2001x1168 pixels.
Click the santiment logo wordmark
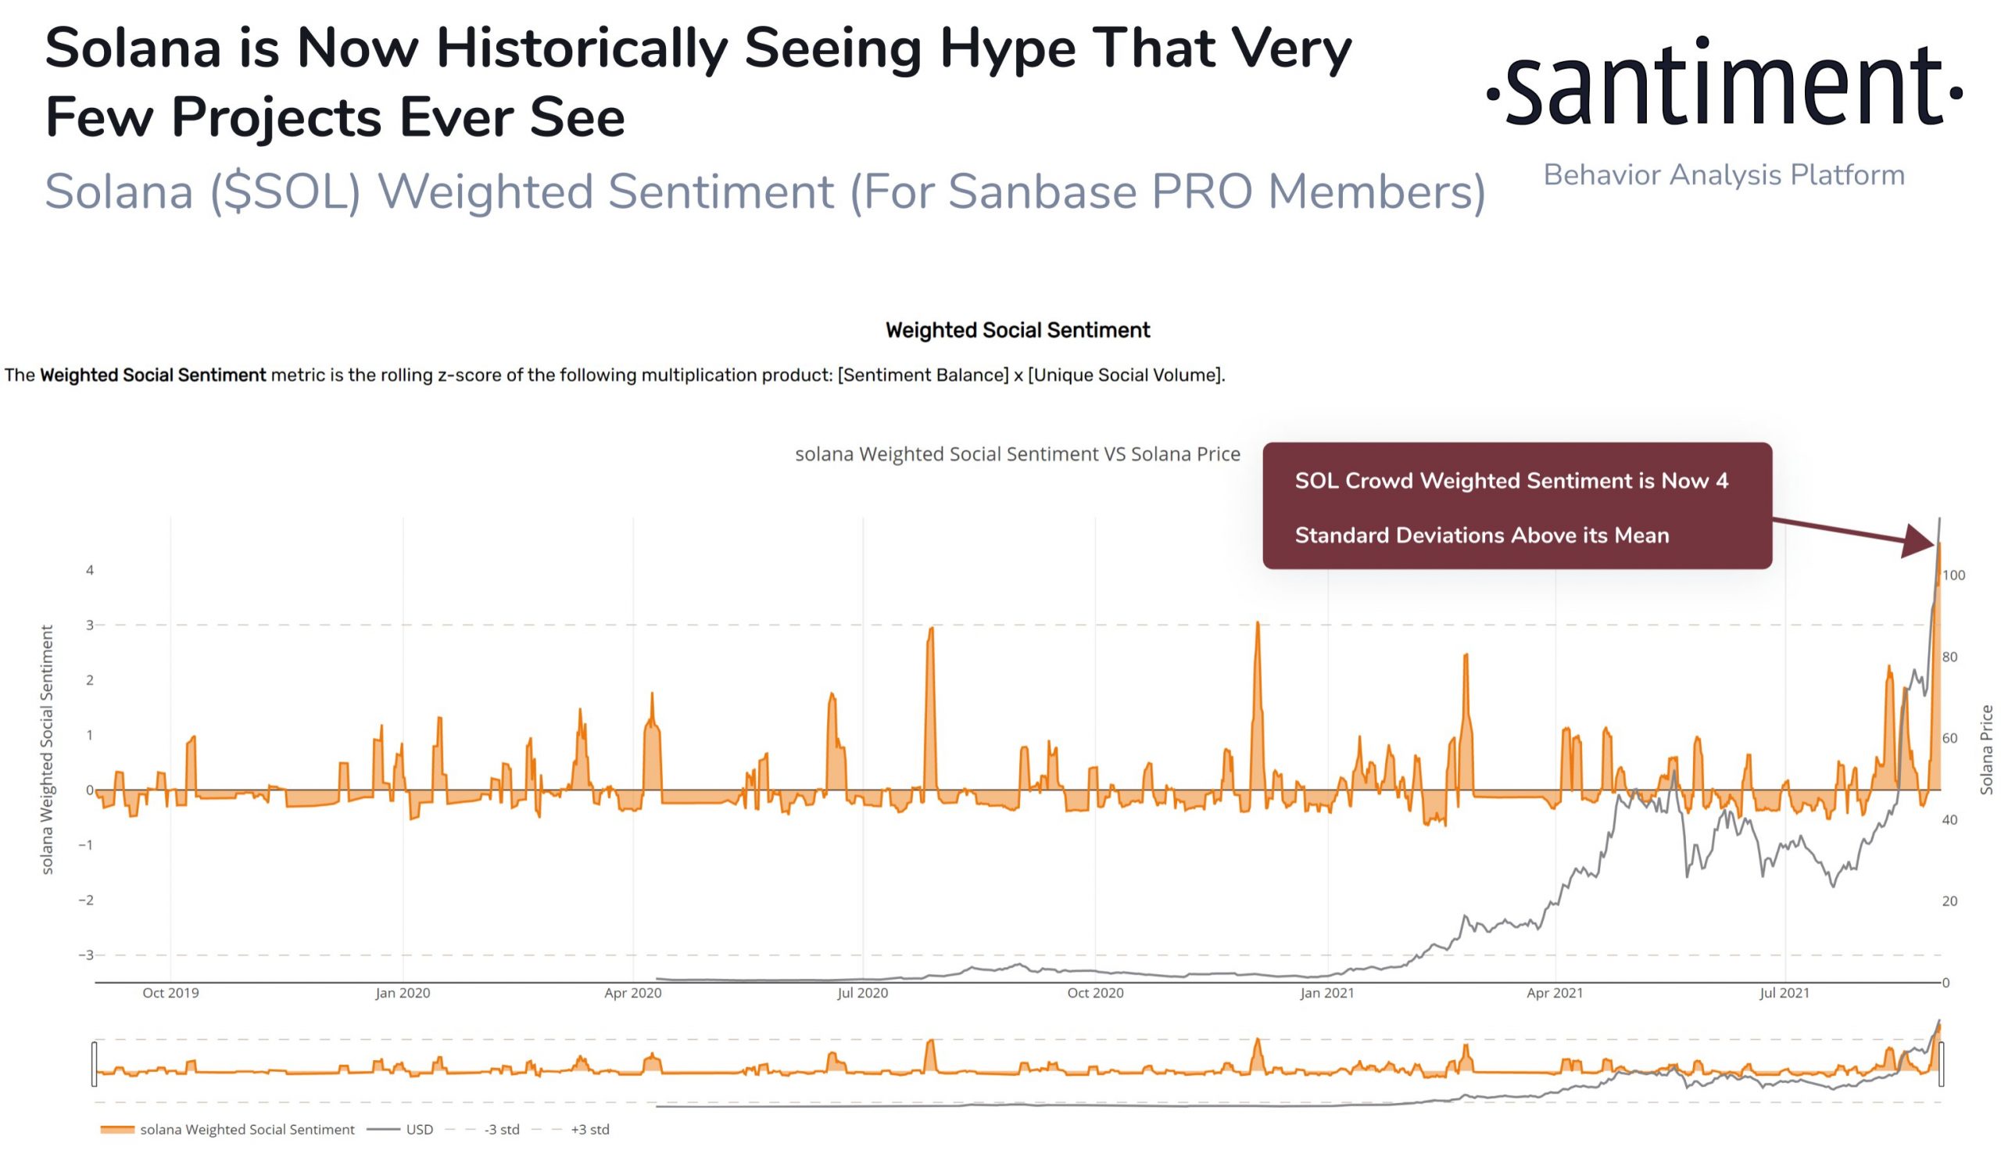click(1724, 84)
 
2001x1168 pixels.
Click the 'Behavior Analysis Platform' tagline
click(1723, 175)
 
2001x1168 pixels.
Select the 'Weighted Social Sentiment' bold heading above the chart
click(1017, 331)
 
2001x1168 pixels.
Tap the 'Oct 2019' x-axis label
click(170, 993)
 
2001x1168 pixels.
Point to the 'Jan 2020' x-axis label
click(403, 993)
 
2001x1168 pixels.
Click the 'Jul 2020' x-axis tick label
click(862, 993)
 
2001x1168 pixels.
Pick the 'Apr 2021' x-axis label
click(1555, 993)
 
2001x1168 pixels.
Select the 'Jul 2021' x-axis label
click(1784, 993)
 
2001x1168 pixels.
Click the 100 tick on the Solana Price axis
click(1953, 575)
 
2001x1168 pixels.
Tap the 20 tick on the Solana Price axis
click(1949, 901)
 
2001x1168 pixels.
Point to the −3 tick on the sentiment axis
click(86, 955)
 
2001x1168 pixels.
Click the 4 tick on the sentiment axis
click(90, 570)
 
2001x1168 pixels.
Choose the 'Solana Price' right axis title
click(1986, 750)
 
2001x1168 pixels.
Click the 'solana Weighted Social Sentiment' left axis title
click(48, 750)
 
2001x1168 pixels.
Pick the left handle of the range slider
click(95, 1064)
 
